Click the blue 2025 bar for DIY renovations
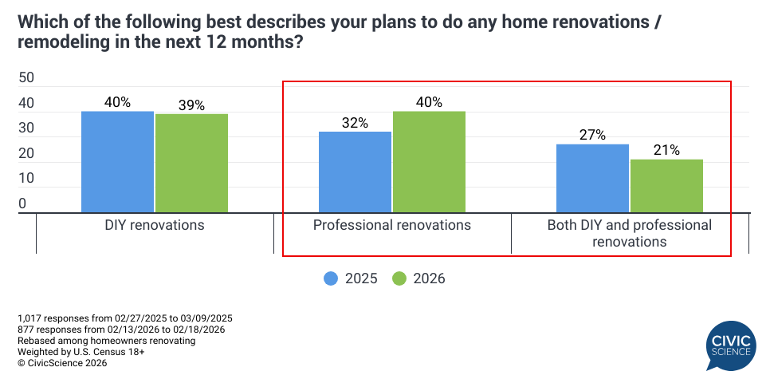click(117, 162)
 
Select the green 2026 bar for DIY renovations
click(191, 164)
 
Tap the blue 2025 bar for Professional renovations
click(355, 172)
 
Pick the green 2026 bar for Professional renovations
click(429, 162)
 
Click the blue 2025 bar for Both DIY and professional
click(593, 179)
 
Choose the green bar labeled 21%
click(667, 186)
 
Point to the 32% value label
click(355, 123)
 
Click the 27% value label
click(593, 135)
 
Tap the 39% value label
click(191, 105)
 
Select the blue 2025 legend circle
click(331, 278)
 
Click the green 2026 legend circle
click(399, 278)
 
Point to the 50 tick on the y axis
click(26, 78)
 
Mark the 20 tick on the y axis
click(26, 153)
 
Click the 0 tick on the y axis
click(22, 204)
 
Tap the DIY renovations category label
click(155, 225)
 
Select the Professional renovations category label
click(392, 225)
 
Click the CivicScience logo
click(731, 346)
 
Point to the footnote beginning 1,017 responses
click(125, 318)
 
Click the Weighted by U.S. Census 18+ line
click(81, 352)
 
